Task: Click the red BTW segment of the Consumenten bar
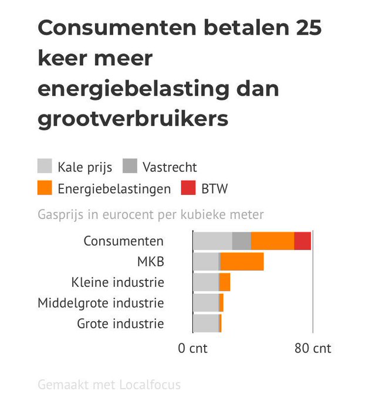(x=302, y=241)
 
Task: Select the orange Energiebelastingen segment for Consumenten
(x=272, y=241)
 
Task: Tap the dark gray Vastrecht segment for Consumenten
(x=242, y=241)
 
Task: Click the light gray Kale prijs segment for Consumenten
(x=212, y=241)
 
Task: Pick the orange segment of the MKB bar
(x=242, y=262)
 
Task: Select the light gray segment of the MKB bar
(x=205, y=262)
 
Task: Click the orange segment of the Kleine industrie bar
(x=225, y=282)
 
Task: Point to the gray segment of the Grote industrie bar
(x=205, y=323)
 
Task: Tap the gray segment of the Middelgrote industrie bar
(x=205, y=303)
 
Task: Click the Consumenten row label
(x=123, y=241)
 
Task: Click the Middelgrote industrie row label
(x=100, y=303)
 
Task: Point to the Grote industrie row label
(x=120, y=323)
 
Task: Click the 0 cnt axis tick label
(x=193, y=348)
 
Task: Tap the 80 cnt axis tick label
(x=313, y=348)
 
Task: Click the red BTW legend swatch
(x=188, y=188)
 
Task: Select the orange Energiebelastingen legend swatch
(x=45, y=188)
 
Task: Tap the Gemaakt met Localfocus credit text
(x=109, y=385)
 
